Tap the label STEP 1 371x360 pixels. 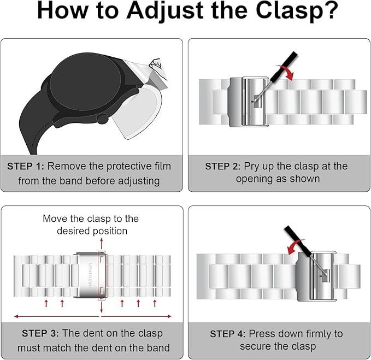(26, 166)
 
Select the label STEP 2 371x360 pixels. (222, 166)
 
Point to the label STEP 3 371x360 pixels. (40, 333)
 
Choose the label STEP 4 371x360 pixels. (227, 334)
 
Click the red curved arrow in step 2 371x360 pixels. (287, 72)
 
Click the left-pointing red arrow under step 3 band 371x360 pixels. (56, 316)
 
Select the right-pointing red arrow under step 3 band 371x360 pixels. (137, 316)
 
